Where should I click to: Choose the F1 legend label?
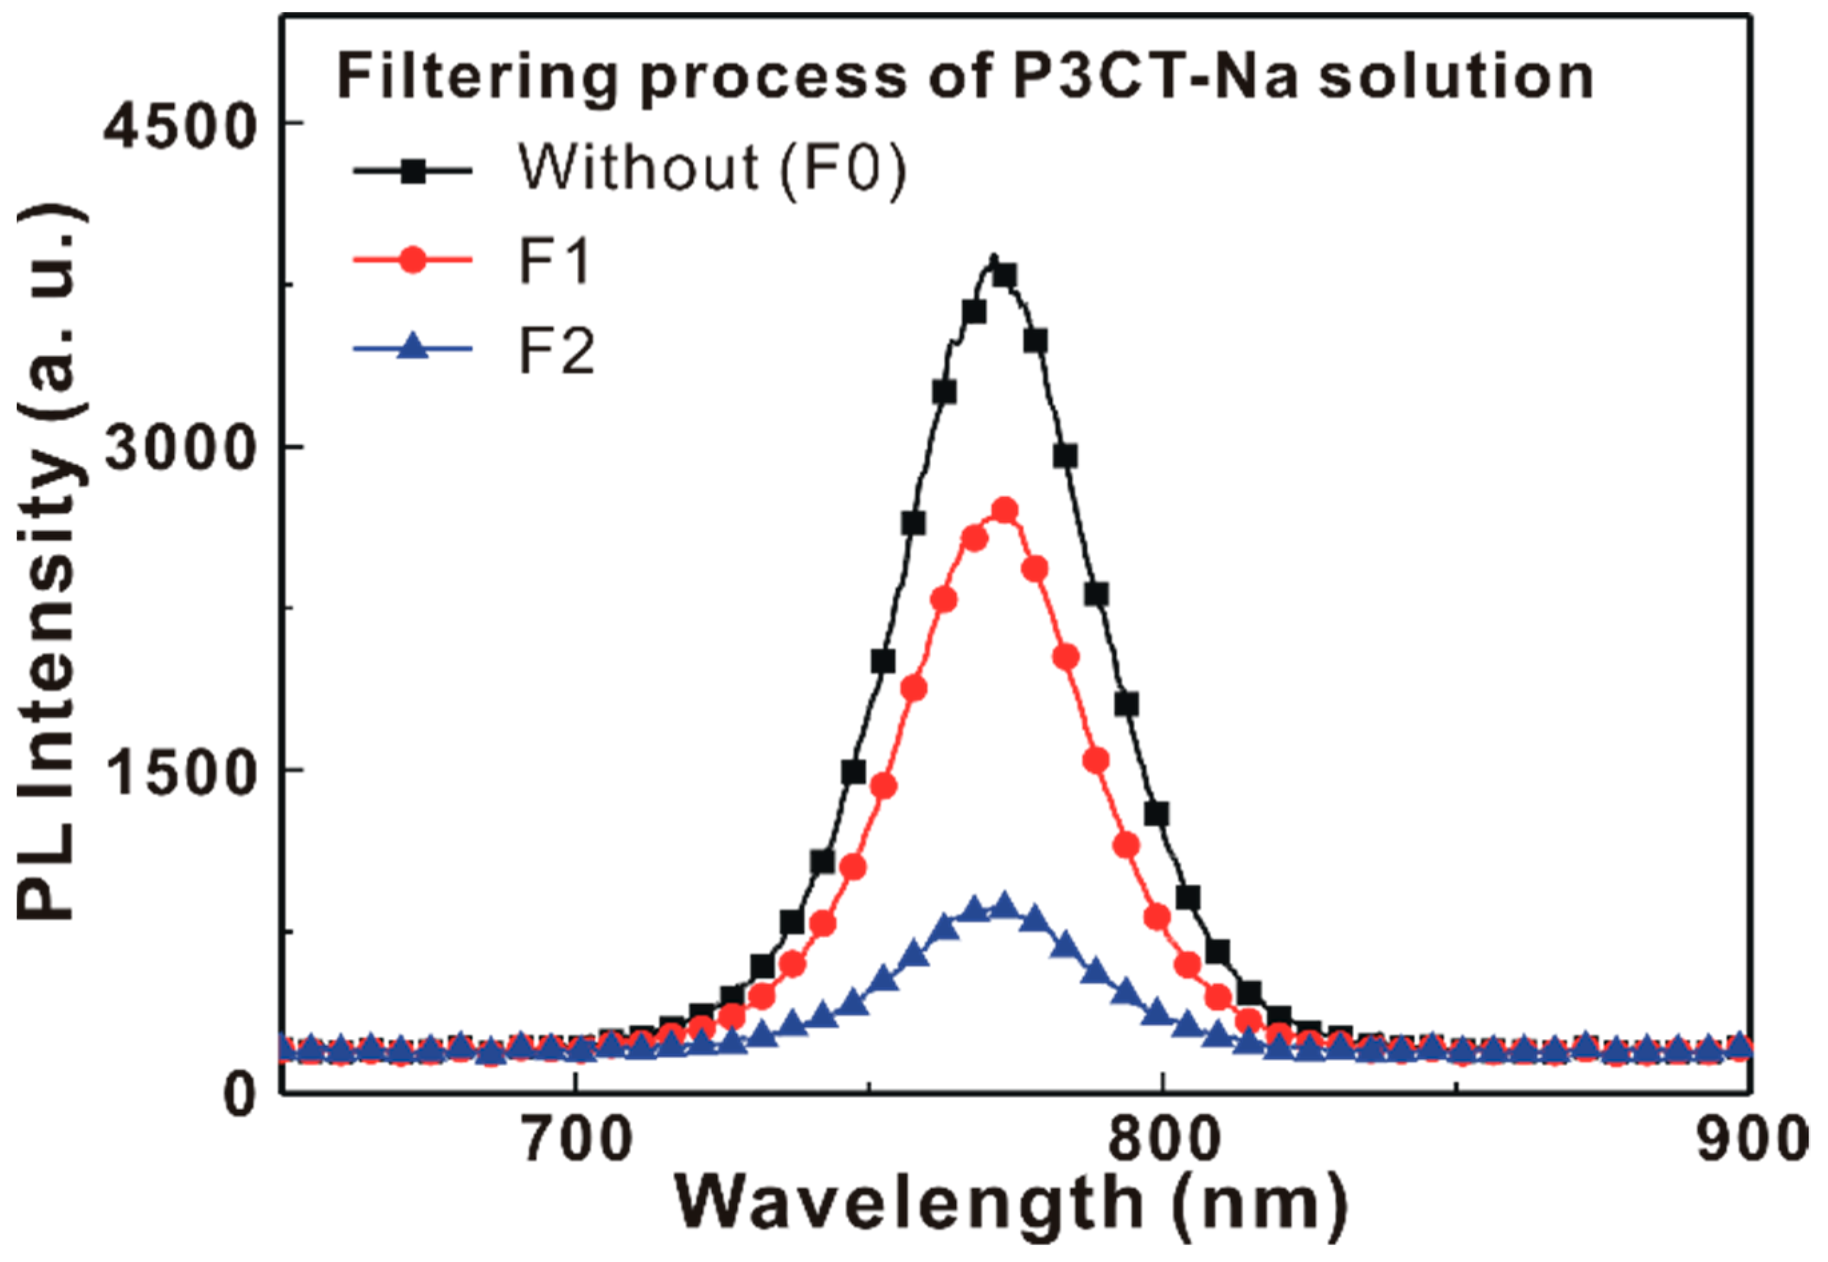pos(554,260)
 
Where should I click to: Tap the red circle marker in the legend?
pos(413,259)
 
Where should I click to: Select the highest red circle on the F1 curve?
pos(1005,511)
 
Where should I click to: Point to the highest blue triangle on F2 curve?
pos(1005,904)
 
